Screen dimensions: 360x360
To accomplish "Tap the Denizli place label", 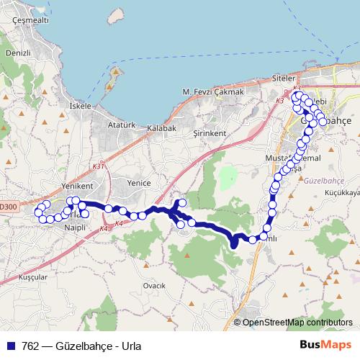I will point(17,54).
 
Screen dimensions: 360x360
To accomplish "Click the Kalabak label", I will point(161,127).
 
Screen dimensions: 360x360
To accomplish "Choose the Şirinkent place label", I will point(210,134).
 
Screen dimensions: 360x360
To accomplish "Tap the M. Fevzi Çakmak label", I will point(213,92).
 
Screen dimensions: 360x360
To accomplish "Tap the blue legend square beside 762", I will point(11,344).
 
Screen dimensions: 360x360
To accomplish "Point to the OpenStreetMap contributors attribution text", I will point(297,323).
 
